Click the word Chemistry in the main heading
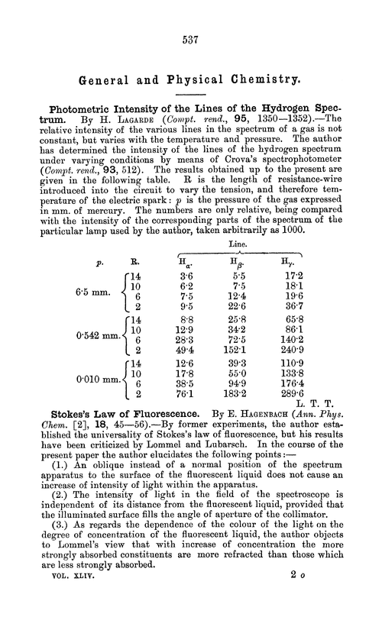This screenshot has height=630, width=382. tap(255, 79)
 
